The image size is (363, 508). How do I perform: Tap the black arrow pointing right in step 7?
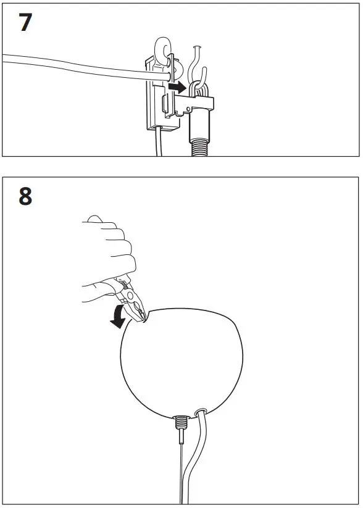pyautogui.click(x=178, y=88)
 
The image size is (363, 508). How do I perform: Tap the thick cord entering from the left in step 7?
pyautogui.click(x=74, y=65)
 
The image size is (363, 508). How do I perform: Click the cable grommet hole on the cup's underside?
pyautogui.click(x=201, y=411)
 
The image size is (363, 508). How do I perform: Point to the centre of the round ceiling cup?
pyautogui.click(x=179, y=364)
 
